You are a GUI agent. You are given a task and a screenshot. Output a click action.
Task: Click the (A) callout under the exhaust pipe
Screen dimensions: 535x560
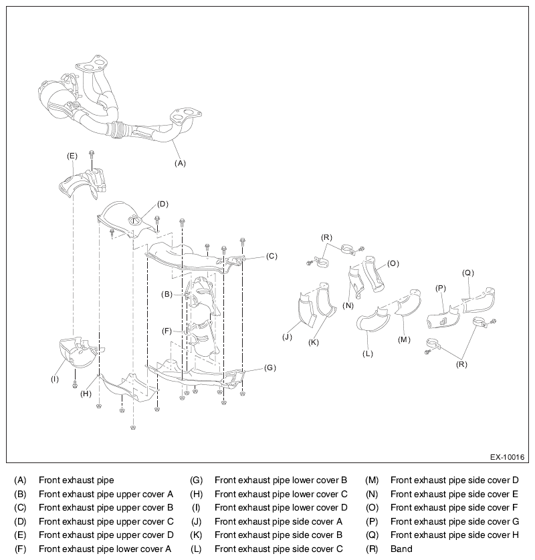click(x=180, y=163)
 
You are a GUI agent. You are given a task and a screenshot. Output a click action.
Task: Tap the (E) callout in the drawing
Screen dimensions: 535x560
click(x=72, y=156)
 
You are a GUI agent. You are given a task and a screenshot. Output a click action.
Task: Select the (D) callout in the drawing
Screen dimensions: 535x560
click(x=163, y=204)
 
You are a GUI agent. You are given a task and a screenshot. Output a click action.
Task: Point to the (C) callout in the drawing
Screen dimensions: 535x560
click(x=272, y=256)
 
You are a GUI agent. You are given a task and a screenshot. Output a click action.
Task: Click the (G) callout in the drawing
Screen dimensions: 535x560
click(x=270, y=368)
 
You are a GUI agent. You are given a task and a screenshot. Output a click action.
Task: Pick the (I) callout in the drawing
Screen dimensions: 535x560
click(x=55, y=379)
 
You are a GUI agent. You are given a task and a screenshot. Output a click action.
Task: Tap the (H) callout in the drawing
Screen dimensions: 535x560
click(x=86, y=394)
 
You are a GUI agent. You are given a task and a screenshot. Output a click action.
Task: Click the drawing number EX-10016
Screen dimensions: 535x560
click(x=507, y=457)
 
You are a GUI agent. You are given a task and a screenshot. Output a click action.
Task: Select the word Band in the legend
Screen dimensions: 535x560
click(x=401, y=549)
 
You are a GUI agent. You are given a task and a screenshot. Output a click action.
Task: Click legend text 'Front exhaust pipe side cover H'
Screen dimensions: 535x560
click(x=455, y=535)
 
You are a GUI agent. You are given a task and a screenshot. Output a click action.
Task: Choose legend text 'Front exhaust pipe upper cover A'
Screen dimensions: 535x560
click(x=106, y=495)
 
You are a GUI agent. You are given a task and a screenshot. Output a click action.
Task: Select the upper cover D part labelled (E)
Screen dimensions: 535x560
click(x=83, y=183)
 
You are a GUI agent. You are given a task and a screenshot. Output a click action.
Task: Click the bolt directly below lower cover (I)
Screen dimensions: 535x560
click(x=75, y=384)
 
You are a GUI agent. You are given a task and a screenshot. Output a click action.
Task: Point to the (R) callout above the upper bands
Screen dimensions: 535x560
click(x=326, y=237)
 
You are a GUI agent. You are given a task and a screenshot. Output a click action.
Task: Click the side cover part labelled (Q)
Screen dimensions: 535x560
click(x=479, y=301)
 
